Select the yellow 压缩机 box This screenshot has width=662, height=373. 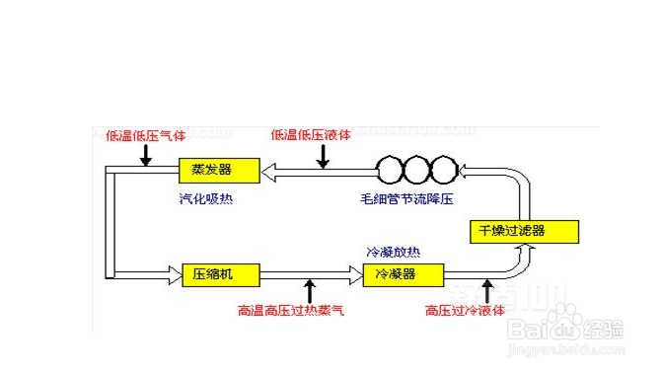click(x=218, y=273)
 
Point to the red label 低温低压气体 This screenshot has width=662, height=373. click(x=146, y=135)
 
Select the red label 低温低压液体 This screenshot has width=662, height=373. click(x=311, y=135)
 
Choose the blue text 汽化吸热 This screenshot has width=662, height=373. click(x=206, y=198)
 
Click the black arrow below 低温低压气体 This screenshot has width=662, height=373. click(x=146, y=155)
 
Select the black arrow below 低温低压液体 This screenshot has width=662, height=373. click(x=322, y=155)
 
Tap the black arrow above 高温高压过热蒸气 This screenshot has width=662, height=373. click(x=311, y=291)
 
